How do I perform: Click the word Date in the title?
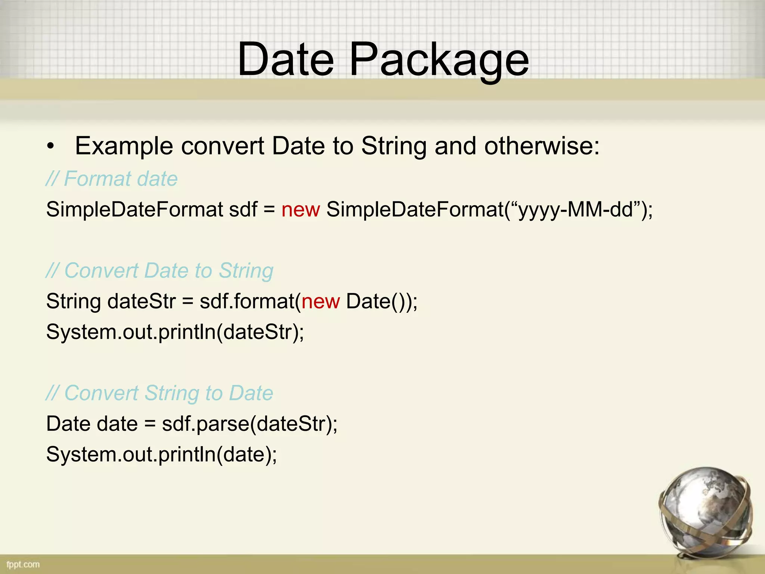click(x=285, y=60)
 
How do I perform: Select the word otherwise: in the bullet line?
click(x=542, y=146)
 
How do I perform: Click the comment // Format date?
click(x=111, y=179)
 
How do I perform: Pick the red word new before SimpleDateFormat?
click(x=300, y=209)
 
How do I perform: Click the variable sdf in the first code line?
click(x=243, y=209)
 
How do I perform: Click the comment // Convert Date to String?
click(x=159, y=271)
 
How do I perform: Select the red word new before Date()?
click(x=320, y=301)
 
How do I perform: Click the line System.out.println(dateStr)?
click(x=175, y=332)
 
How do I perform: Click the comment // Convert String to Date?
click(x=159, y=393)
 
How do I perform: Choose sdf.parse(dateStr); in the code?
click(x=249, y=424)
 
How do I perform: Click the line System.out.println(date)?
click(x=161, y=454)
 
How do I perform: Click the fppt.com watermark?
click(x=23, y=564)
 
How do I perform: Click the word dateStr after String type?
click(x=141, y=301)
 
